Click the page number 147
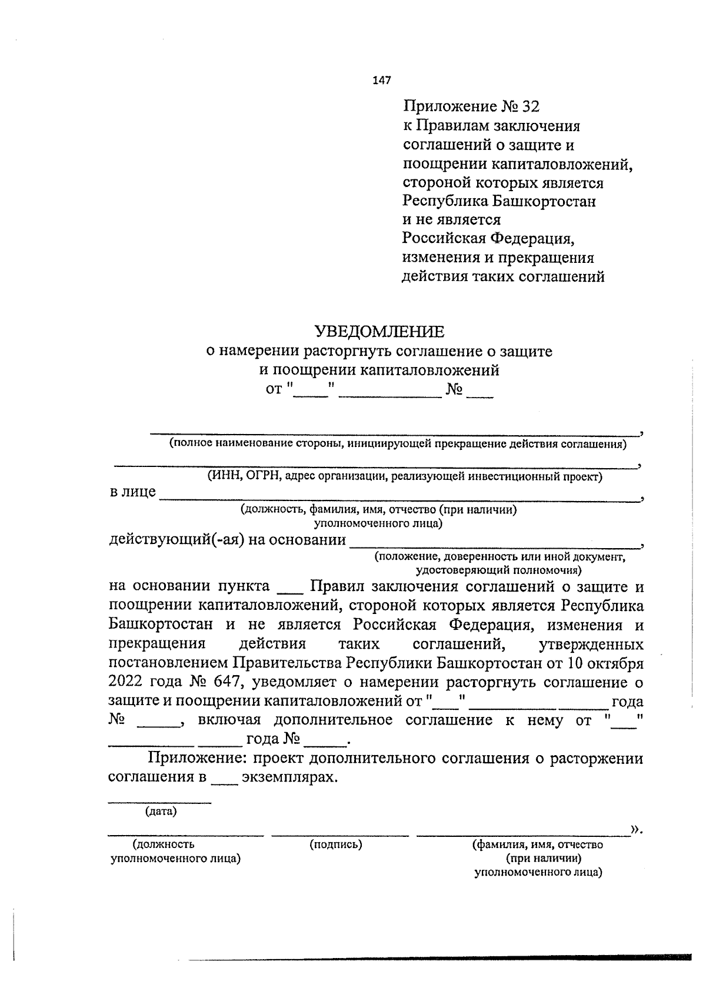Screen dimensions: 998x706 point(382,81)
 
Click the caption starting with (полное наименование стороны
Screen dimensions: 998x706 point(398,444)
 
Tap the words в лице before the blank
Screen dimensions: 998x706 point(133,492)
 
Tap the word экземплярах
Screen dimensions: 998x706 point(289,777)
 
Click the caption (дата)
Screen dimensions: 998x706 point(161,812)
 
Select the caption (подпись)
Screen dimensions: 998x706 point(335,845)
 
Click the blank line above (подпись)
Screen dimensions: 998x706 point(339,835)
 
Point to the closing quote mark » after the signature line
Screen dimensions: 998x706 point(635,830)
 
